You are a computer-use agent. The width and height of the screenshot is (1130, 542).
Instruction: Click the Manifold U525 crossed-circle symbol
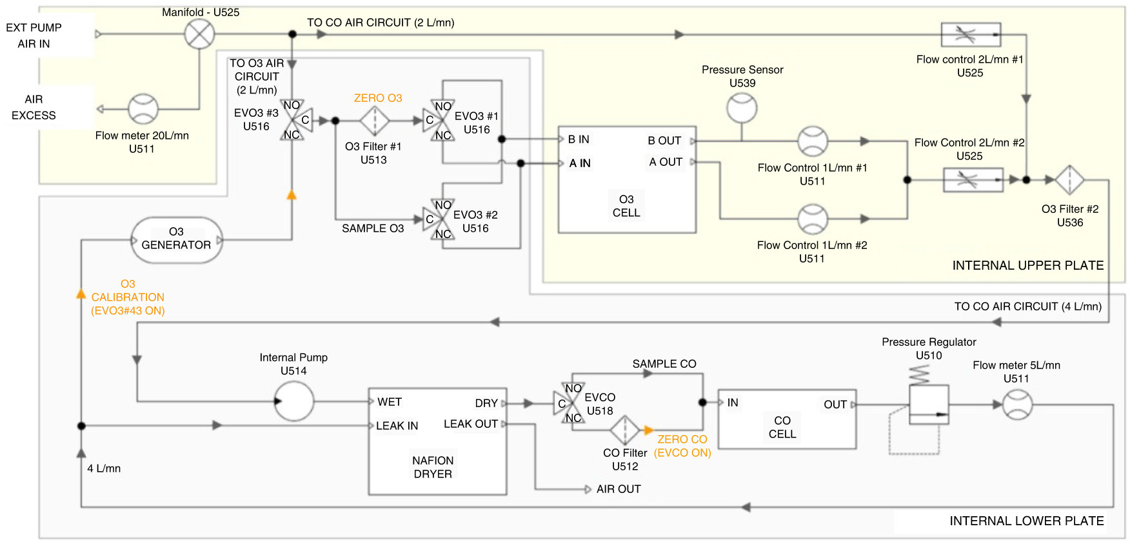[199, 34]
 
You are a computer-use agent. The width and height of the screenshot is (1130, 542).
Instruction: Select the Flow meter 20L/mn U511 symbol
[143, 109]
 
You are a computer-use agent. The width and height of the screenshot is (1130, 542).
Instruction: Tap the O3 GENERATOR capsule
[177, 240]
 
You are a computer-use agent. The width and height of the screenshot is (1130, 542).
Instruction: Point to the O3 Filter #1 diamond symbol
[374, 121]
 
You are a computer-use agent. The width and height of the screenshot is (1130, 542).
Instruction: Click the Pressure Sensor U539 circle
[742, 108]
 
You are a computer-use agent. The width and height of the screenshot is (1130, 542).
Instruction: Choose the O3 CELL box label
[626, 206]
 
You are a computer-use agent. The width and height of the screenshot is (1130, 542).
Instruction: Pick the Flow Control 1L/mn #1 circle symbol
[813, 141]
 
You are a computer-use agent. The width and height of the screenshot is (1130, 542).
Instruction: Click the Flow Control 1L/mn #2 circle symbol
[813, 219]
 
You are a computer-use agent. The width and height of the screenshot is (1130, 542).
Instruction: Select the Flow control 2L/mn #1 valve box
[971, 34]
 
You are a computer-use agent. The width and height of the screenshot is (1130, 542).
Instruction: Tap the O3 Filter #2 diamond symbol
[1069, 180]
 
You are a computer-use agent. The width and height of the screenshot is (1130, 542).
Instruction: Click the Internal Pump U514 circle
[294, 401]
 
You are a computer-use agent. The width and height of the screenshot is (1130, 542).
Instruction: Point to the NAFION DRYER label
[433, 467]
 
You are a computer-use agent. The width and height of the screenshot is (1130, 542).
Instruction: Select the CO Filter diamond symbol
[624, 430]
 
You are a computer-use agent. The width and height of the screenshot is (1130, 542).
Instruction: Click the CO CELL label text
[782, 427]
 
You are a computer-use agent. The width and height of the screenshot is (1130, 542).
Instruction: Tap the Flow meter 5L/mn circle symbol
[1017, 405]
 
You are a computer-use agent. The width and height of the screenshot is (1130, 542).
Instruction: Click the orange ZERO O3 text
[378, 98]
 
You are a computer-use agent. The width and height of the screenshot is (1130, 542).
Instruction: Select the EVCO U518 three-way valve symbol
[569, 403]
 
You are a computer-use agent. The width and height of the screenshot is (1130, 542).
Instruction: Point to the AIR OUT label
[619, 489]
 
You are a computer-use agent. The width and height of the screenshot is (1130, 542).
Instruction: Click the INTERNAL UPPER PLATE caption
[1028, 265]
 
